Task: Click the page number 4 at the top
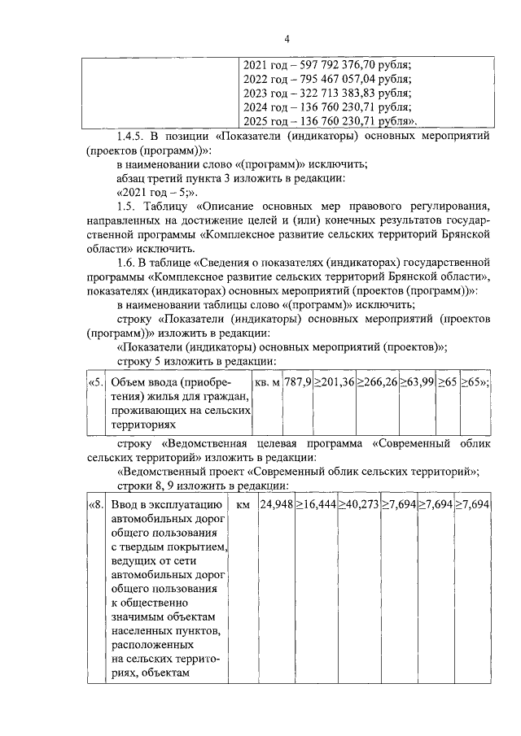click(287, 39)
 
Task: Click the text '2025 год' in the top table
click(265, 121)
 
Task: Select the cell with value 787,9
click(297, 382)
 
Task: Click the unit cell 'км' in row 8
click(243, 505)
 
